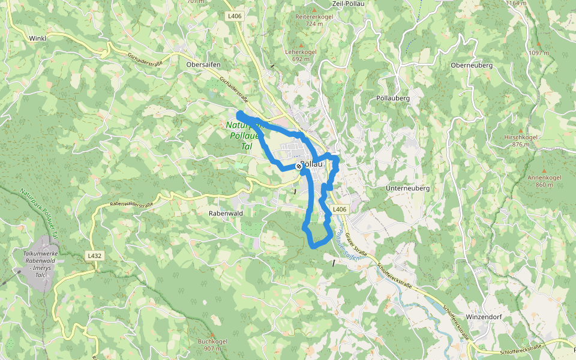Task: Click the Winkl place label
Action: point(37,38)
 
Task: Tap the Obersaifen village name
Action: point(204,64)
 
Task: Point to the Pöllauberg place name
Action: point(393,98)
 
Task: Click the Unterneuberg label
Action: point(409,188)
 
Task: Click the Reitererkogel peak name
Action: point(314,17)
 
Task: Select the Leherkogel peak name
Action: point(304,52)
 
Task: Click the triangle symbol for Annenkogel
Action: point(544,169)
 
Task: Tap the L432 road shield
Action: point(95,256)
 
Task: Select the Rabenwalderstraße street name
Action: point(131,204)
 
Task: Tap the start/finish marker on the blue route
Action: point(299,165)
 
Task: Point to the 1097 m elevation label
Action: point(538,53)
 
